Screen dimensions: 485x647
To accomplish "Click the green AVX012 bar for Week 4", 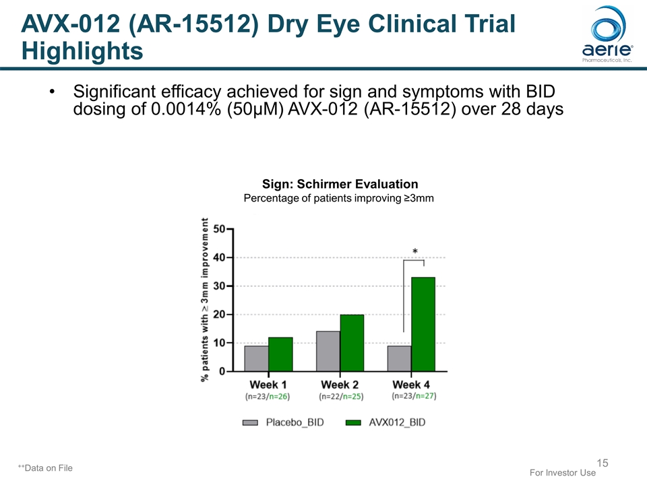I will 423,324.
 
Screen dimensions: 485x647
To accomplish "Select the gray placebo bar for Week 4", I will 399,358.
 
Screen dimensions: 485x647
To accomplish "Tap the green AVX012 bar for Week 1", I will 280,354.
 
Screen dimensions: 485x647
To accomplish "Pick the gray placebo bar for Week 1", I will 256,358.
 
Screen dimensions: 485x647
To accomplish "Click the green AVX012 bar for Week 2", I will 352,343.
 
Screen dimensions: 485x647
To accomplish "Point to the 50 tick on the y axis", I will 220,229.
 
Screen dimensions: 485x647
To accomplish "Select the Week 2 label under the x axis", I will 340,385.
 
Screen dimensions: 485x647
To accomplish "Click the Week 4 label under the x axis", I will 411,385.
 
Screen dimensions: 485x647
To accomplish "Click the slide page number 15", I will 603,463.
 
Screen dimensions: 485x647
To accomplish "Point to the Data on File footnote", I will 45,467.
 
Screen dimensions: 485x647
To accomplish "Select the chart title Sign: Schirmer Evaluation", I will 340,184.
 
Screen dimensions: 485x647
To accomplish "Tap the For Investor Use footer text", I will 563,473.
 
